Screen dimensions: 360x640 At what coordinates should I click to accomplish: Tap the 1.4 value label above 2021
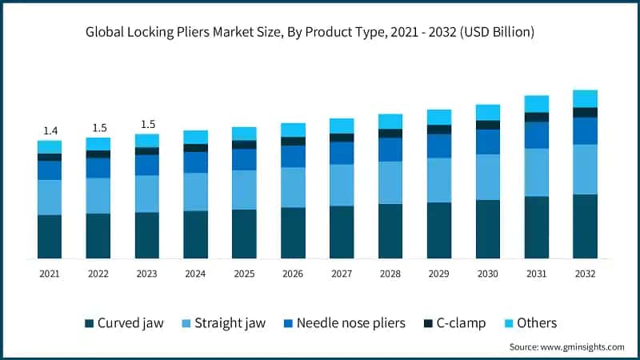50,130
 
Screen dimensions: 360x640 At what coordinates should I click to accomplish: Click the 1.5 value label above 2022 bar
98,128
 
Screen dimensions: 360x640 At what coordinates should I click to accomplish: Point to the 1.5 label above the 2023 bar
147,124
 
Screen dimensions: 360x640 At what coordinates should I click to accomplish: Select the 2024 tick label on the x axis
195,274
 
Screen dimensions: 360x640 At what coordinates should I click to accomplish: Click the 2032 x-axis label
585,274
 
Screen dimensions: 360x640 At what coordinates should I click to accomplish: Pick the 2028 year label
390,274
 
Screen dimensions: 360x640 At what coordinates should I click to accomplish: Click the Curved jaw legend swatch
89,323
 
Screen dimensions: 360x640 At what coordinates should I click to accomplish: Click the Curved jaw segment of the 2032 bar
585,226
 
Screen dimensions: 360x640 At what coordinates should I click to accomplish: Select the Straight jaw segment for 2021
50,197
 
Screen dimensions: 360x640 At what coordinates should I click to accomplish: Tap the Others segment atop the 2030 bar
487,112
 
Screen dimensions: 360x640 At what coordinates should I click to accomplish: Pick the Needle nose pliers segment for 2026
293,156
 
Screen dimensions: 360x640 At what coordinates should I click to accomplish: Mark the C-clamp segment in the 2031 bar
536,117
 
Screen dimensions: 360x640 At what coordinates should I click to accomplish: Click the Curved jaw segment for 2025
244,234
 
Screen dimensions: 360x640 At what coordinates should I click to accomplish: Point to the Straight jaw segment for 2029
438,180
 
